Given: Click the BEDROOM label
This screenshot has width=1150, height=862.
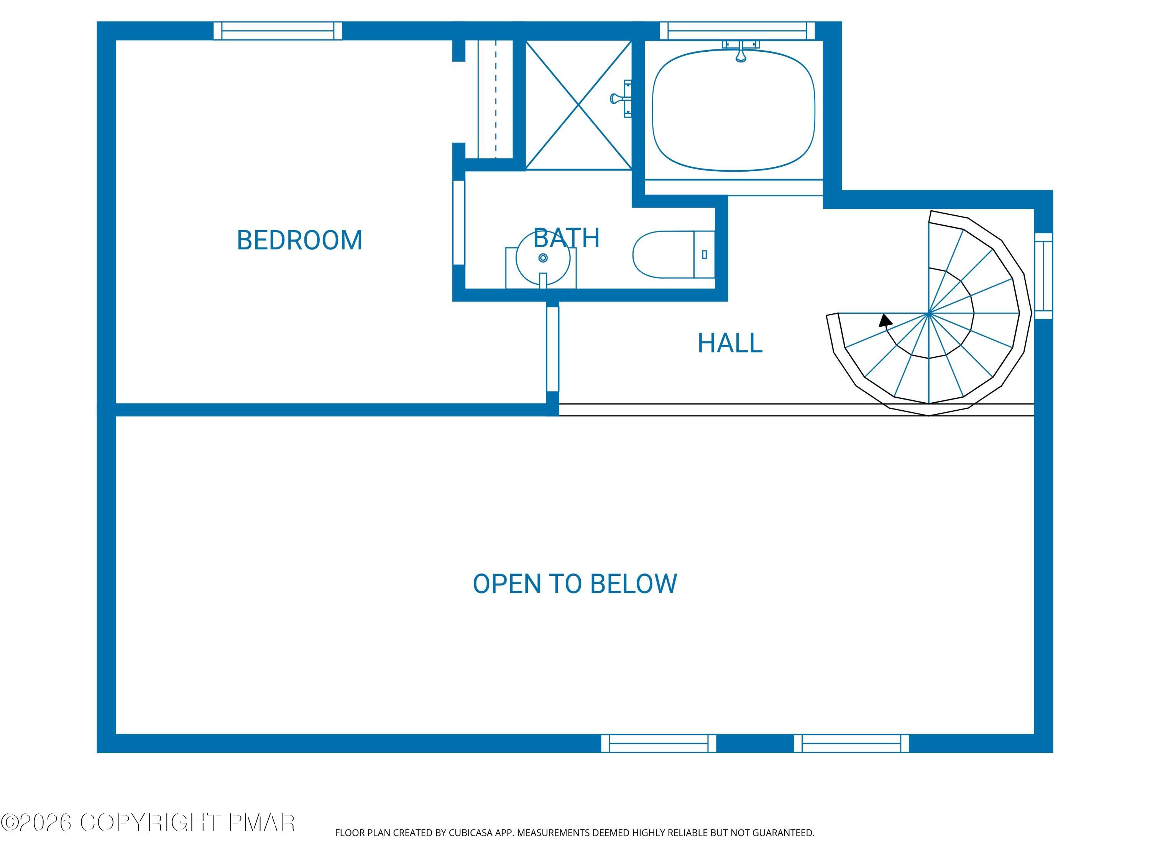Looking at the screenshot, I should [299, 240].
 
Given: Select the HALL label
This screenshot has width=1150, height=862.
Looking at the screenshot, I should [729, 343].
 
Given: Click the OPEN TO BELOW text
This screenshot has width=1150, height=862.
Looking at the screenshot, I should [575, 583].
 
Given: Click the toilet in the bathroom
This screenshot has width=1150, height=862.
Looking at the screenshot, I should [673, 255].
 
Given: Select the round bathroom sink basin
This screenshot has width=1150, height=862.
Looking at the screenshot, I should [543, 258].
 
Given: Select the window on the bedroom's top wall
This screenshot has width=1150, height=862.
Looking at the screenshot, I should [278, 31].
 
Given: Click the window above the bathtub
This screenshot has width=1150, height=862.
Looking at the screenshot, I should [737, 31].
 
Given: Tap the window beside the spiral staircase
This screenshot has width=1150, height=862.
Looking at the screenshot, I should [1043, 275].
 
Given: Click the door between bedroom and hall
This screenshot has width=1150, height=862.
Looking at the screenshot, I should [552, 349].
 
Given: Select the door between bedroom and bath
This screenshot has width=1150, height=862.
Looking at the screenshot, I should [458, 222].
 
